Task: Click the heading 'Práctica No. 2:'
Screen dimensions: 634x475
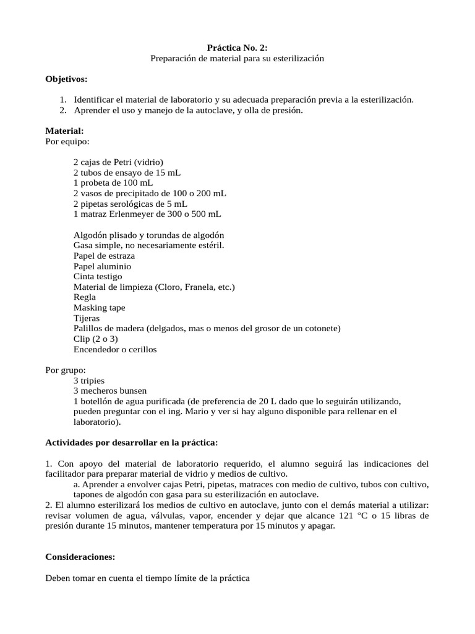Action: tap(237, 48)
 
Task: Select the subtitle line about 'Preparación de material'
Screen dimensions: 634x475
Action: tap(237, 58)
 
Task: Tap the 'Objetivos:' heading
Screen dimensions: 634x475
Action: tap(67, 79)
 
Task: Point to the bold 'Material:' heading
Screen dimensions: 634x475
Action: tap(65, 131)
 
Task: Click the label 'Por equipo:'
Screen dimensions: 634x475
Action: tap(67, 141)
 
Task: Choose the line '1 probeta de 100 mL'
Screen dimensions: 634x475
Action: tap(113, 183)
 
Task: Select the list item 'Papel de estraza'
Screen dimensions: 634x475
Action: tap(104, 256)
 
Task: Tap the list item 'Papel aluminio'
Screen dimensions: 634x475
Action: tap(102, 266)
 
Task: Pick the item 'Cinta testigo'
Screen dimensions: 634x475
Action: tap(98, 277)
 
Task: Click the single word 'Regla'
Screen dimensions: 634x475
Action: tap(85, 297)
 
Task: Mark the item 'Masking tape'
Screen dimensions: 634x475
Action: tap(99, 308)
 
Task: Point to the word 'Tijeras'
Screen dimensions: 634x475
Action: tap(87, 318)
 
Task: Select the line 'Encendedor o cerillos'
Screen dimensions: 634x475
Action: tap(115, 349)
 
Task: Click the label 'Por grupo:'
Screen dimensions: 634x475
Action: tap(66, 370)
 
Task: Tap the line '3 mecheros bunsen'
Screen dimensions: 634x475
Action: tap(110, 391)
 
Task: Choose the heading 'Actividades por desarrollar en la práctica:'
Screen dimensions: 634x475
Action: tap(131, 443)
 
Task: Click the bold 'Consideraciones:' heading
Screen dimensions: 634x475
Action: tap(80, 557)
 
